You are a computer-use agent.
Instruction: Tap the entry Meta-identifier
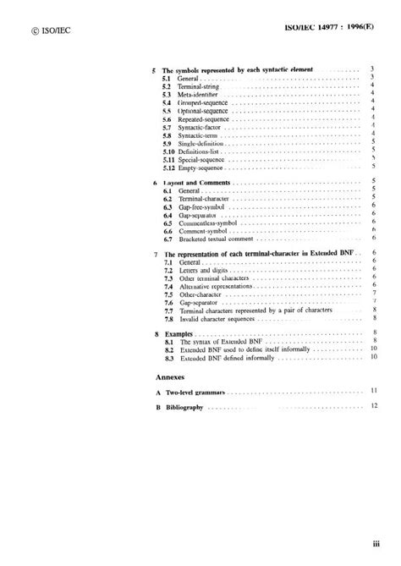click(196, 94)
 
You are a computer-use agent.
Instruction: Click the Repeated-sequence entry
click(201, 119)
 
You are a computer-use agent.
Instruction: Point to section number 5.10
click(169, 151)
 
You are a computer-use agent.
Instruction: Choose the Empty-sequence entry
click(198, 168)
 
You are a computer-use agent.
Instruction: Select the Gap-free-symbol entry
click(200, 206)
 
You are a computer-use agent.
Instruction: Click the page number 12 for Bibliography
click(374, 408)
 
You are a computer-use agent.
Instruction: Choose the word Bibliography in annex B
click(184, 408)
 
